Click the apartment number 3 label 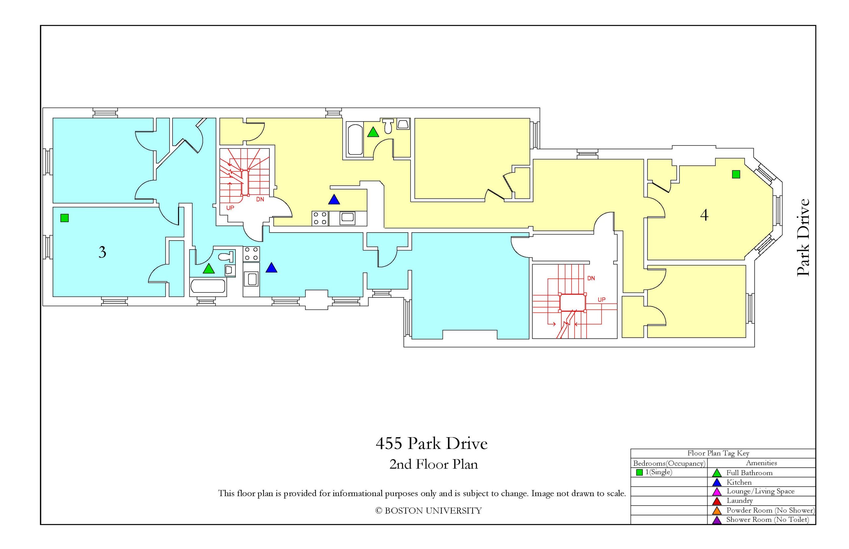[102, 252]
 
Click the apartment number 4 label [704, 215]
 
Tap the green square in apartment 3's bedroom [65, 217]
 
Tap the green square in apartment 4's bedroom [736, 174]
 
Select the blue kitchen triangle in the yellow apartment [334, 200]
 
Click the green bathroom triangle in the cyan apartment [209, 269]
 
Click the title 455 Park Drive [431, 444]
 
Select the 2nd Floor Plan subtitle [433, 464]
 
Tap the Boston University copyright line [428, 511]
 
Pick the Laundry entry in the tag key [740, 501]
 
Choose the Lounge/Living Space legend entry [760, 491]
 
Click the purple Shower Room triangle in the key [717, 520]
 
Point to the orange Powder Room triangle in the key [717, 511]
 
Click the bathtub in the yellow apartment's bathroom [355, 139]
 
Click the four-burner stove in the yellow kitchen [320, 218]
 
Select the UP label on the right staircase [602, 300]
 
